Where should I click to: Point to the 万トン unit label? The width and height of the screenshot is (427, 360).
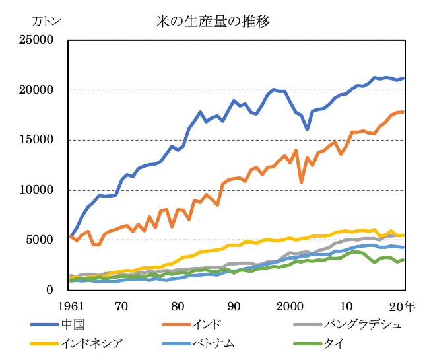coord(47,20)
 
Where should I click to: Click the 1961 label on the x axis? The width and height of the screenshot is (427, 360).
coord(71,306)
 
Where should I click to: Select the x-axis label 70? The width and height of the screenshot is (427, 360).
coord(121,306)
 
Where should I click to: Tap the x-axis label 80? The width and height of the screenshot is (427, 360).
coord(178,306)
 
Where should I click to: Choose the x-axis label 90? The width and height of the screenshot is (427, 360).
coord(234,306)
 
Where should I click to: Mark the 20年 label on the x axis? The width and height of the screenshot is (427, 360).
coord(403,306)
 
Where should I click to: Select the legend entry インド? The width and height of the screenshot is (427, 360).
coord(207,324)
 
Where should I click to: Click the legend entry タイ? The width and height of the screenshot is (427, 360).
coord(333,342)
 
